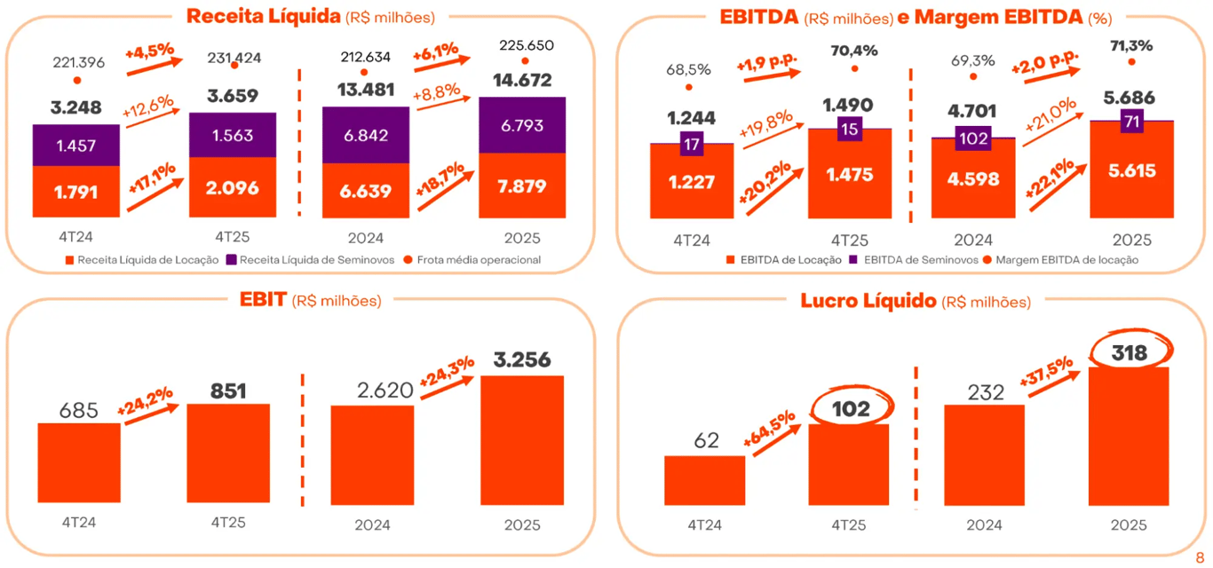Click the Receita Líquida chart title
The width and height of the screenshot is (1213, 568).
point(310,16)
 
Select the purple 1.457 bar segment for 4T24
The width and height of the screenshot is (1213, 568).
point(75,145)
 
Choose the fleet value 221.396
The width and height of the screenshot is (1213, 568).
point(78,61)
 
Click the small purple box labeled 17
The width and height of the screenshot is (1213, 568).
point(692,143)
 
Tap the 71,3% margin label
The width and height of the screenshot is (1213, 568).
point(1130,43)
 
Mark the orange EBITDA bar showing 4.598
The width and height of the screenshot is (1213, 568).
point(973,178)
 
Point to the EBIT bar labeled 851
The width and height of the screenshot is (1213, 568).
point(228,453)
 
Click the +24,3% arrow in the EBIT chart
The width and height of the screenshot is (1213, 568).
point(446,379)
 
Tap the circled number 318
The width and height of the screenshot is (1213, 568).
point(1128,352)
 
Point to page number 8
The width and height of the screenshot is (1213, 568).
point(1200,556)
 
